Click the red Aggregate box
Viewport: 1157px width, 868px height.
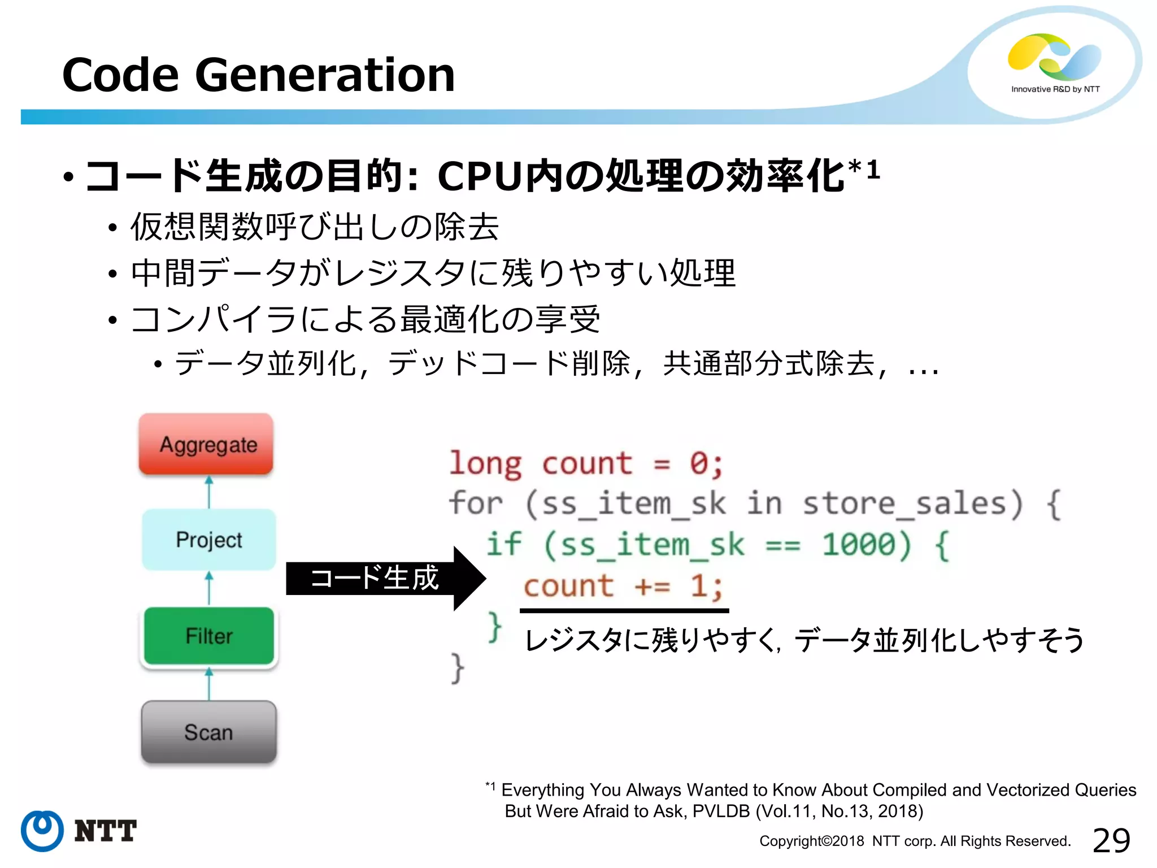[x=206, y=444]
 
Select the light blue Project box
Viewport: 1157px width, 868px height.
[x=208, y=540]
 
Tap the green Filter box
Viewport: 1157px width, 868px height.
[x=208, y=636]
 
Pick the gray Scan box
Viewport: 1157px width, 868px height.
[x=208, y=732]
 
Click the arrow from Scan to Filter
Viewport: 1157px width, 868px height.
[x=209, y=684]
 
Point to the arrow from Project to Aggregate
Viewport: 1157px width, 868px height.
[x=209, y=492]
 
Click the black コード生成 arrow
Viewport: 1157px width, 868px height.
[x=384, y=578]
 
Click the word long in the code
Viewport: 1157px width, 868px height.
[x=485, y=464]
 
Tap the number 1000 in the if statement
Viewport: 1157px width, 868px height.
[x=859, y=545]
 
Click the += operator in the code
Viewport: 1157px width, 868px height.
[x=652, y=586]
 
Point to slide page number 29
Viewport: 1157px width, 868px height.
[x=1111, y=840]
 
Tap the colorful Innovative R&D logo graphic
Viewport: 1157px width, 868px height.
[x=1054, y=57]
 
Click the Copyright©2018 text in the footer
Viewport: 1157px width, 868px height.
[x=811, y=841]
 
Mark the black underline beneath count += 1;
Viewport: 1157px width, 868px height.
[x=624, y=610]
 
